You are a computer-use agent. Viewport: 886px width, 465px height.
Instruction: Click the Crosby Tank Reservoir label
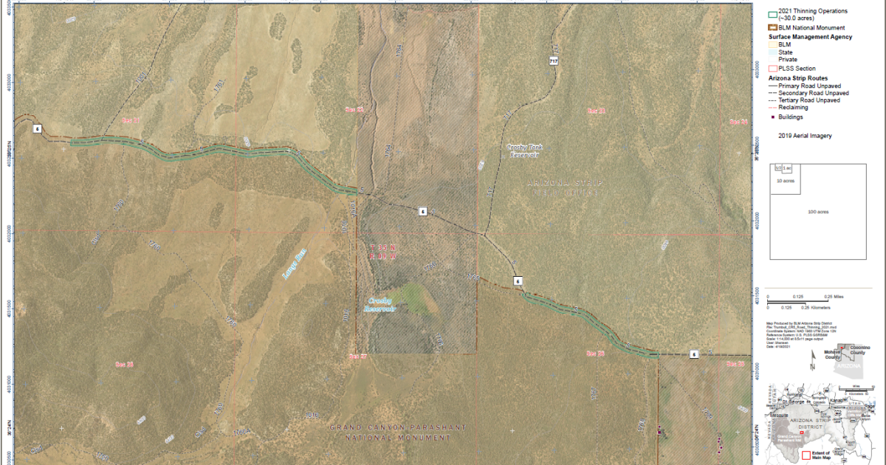coord(525,151)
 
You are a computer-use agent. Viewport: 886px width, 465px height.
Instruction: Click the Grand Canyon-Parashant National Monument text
coord(389,433)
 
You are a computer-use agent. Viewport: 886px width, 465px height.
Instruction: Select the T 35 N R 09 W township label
coord(383,251)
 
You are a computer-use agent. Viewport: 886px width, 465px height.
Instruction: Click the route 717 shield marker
coord(553,60)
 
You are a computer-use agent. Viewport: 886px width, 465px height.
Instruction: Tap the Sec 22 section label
coord(355,109)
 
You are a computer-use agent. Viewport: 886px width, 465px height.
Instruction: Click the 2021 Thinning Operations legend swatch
coord(773,14)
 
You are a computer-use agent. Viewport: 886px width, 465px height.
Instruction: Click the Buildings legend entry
coord(790,117)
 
